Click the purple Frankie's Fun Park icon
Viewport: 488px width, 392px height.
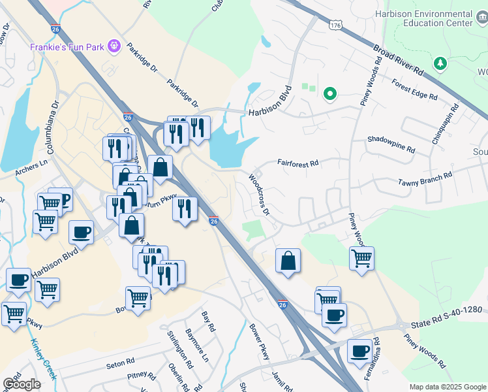(115, 46)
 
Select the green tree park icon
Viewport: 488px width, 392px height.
(441, 63)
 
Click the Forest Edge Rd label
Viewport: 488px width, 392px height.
(414, 90)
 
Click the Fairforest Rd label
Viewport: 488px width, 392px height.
(297, 163)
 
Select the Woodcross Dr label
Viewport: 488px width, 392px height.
(259, 193)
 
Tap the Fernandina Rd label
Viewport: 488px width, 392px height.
(379, 360)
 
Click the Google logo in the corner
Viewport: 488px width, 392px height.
(21, 384)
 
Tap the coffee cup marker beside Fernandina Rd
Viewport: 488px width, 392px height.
(359, 352)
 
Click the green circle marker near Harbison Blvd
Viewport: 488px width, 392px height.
(330, 95)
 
